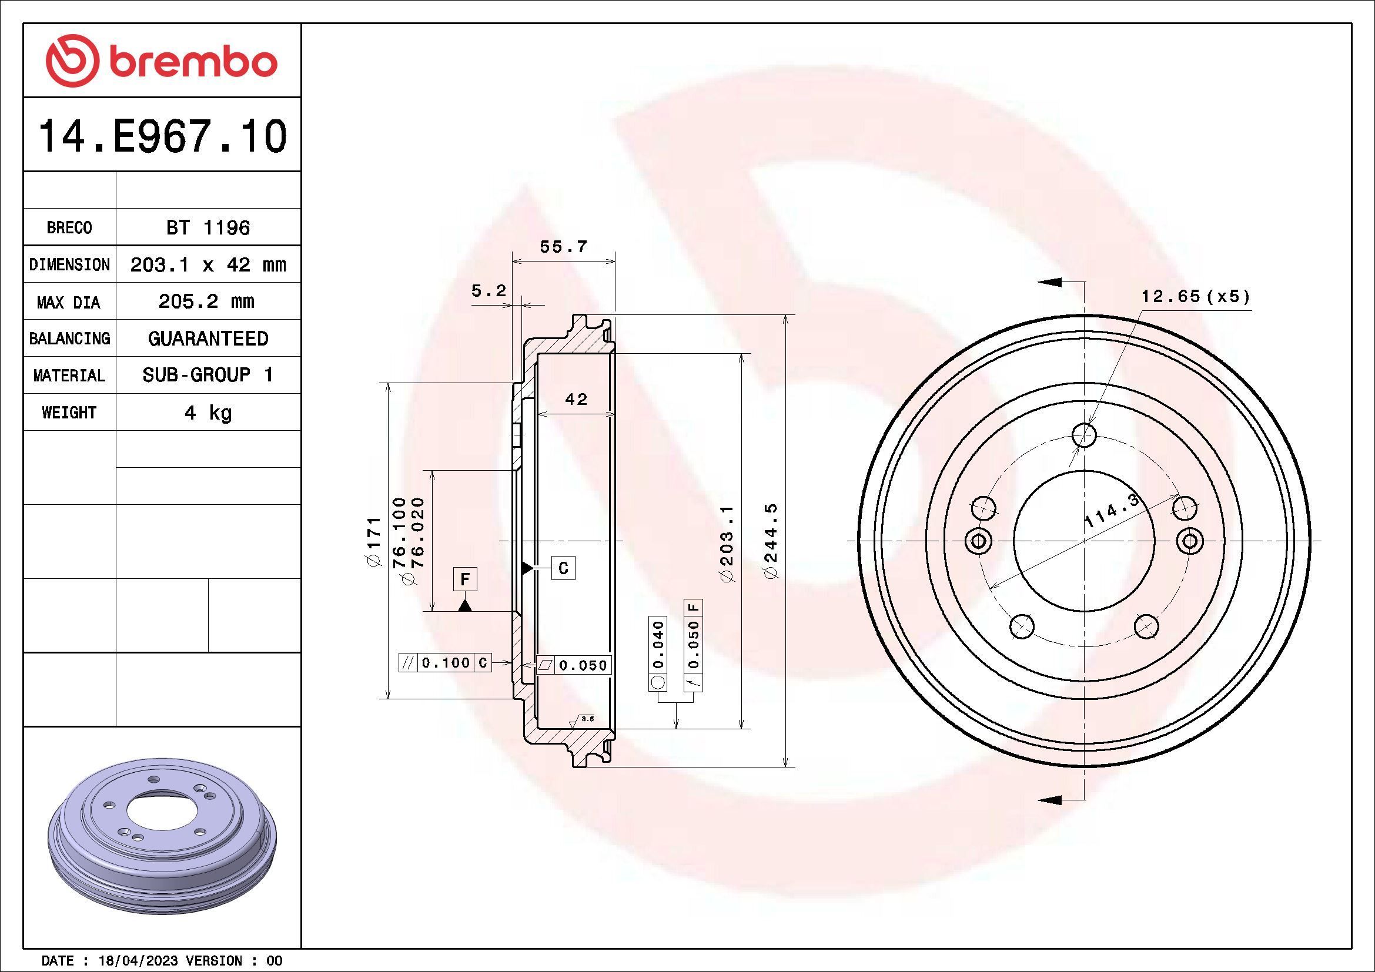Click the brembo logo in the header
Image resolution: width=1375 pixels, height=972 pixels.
tap(162, 61)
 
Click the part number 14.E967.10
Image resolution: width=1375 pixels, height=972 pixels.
tap(162, 136)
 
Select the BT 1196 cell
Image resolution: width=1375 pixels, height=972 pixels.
tap(208, 227)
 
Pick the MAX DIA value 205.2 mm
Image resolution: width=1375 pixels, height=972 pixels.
tap(206, 301)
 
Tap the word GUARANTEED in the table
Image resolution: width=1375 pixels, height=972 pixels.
tap(208, 338)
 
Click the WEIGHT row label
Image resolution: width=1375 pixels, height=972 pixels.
tap(69, 413)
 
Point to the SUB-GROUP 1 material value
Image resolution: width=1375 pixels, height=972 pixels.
tap(208, 376)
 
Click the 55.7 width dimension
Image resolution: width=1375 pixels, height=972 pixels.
tap(564, 247)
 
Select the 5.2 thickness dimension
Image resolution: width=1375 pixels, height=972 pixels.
tap(489, 291)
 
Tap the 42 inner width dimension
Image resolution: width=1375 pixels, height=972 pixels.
tap(576, 399)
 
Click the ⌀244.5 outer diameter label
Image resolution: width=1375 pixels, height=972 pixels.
tap(771, 541)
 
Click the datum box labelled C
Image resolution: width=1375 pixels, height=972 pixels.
tap(563, 568)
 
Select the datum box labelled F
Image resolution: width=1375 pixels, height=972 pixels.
tap(465, 579)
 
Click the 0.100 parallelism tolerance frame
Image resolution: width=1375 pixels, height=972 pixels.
tap(445, 662)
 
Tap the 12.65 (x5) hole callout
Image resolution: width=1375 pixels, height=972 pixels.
tap(1195, 296)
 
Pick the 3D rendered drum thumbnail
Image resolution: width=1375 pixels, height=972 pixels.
tap(162, 829)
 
